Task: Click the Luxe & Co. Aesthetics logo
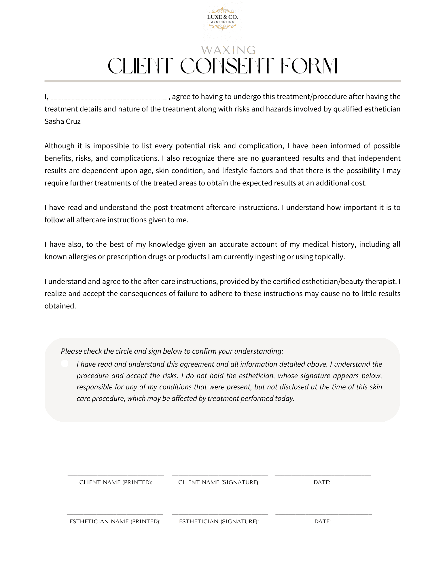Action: [222, 19]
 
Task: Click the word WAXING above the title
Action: [228, 50]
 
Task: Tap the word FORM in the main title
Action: [309, 66]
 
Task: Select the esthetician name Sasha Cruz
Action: [63, 122]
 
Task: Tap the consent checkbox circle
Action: [65, 363]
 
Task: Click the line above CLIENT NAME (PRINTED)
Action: [116, 475]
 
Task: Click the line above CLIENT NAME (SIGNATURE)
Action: [220, 475]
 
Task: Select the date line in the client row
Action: [323, 475]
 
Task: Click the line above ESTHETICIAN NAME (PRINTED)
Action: [115, 514]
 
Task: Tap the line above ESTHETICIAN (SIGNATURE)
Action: [220, 514]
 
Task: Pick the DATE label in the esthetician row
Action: [323, 522]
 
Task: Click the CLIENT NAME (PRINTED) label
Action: [116, 482]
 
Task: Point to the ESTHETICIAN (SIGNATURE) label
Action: [219, 522]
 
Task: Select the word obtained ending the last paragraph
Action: [60, 306]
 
